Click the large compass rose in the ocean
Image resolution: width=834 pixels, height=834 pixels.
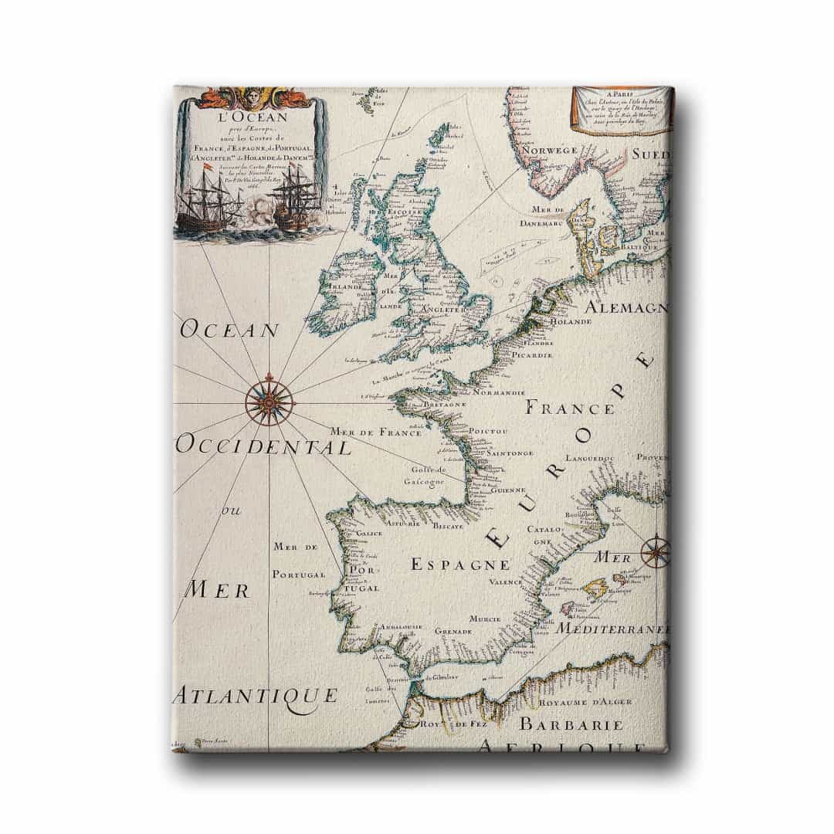coord(270,400)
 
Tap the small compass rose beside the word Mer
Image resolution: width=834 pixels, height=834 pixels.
coord(656,551)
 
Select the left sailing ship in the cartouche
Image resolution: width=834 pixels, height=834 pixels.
coord(205,201)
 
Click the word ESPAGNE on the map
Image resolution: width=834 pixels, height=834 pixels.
coord(459,564)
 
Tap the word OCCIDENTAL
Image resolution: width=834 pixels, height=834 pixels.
coord(263,446)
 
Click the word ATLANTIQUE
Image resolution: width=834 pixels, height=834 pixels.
coord(255,695)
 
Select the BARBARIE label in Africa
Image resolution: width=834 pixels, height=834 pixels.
coord(571,724)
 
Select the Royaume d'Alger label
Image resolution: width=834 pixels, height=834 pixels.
coord(588,702)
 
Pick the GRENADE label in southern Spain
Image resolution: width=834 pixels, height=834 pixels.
coord(453,631)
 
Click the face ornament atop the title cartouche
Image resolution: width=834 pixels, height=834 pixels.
coord(251,97)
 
